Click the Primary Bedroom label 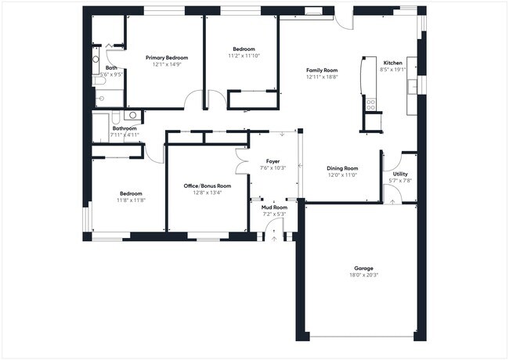tap(167, 58)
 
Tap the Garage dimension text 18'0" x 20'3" tap(363, 275)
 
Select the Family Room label tap(321, 70)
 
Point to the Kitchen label tap(392, 63)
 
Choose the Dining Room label tap(342, 168)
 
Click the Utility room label tap(399, 174)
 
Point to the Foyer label tap(273, 161)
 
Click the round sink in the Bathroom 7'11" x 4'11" tap(132, 114)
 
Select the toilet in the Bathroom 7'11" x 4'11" tap(115, 119)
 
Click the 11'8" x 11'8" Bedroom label tap(131, 193)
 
